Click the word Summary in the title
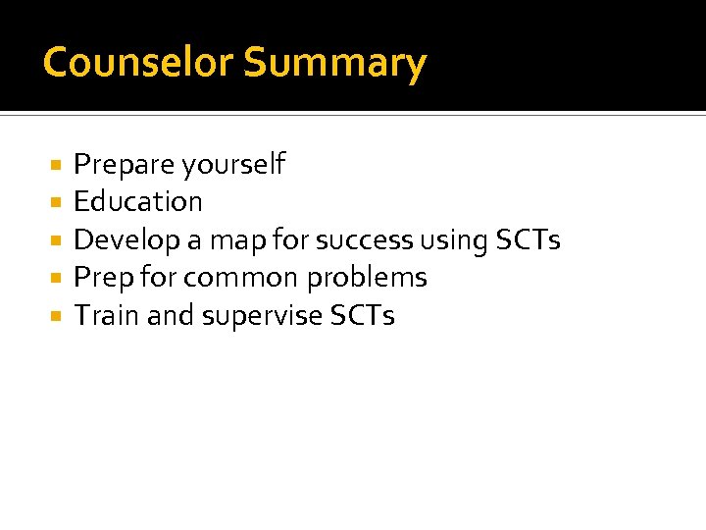coord(335,64)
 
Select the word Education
coord(138,202)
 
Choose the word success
coord(364,240)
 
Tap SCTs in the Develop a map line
coord(529,239)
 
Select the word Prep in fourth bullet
coord(104,279)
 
